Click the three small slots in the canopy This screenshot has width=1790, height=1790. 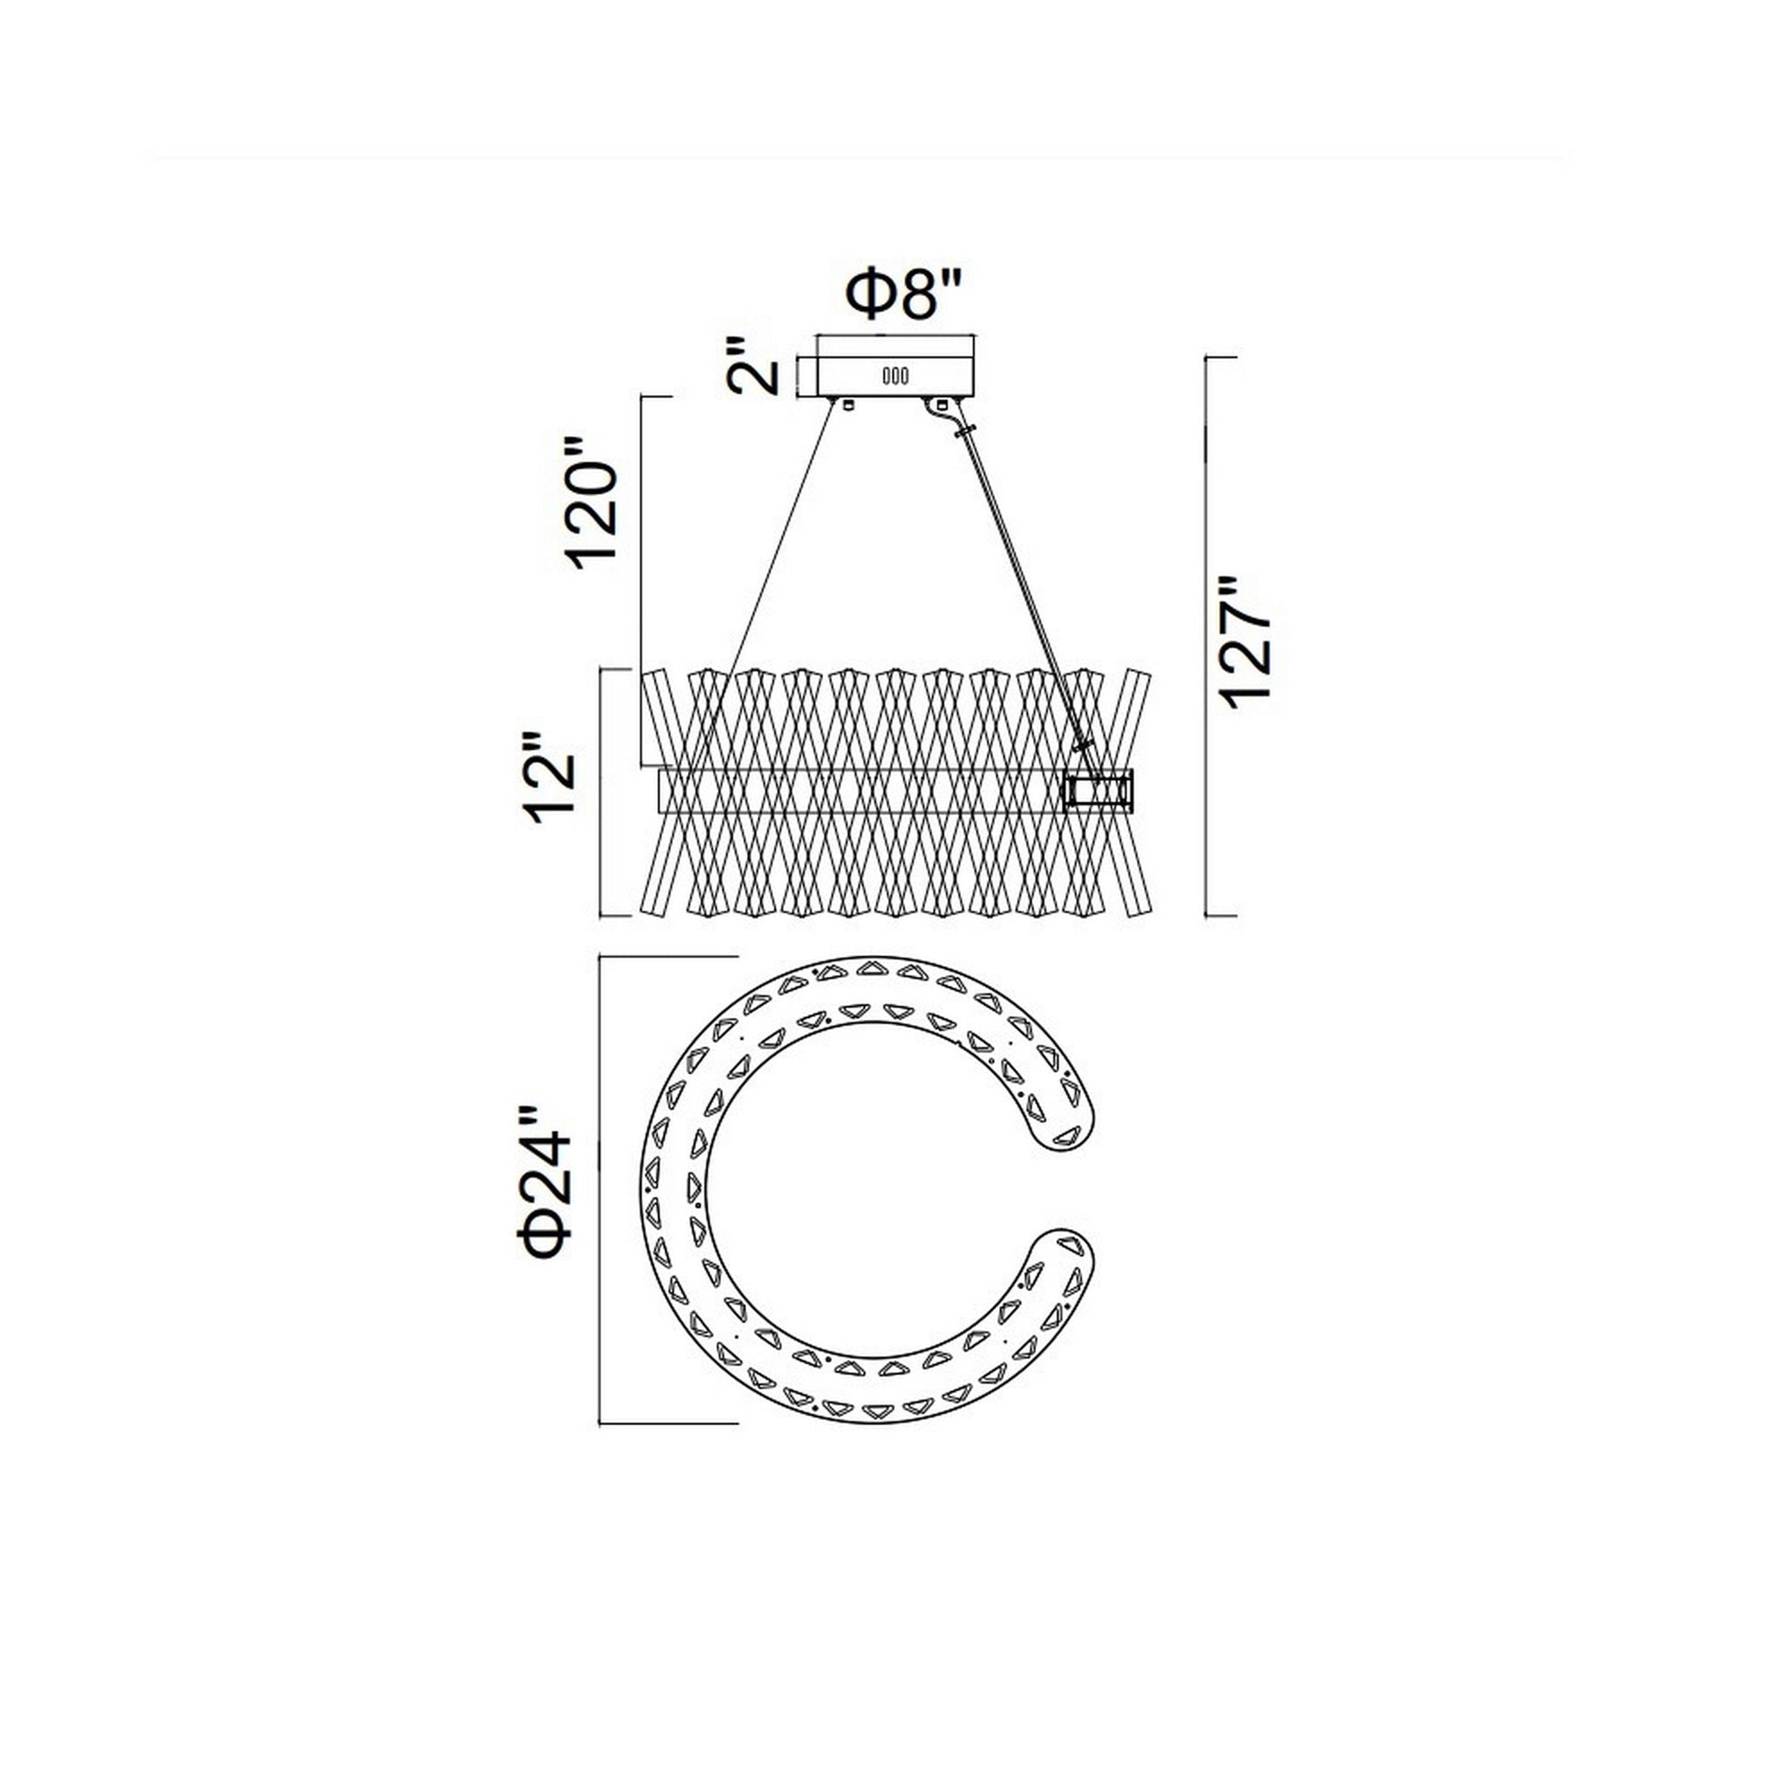coord(894,376)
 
